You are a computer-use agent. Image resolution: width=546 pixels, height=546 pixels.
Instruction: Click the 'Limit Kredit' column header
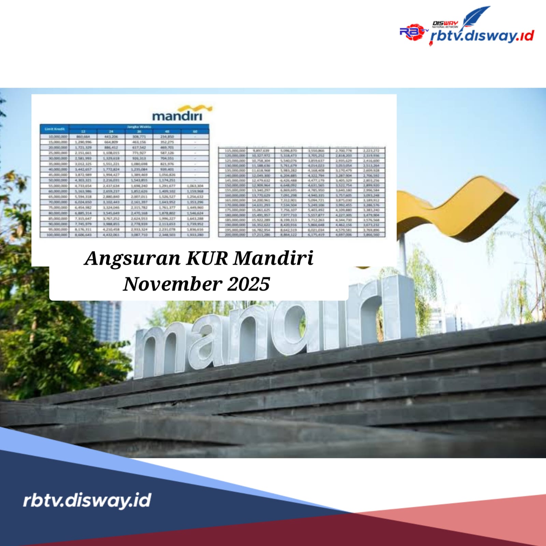coord(55,129)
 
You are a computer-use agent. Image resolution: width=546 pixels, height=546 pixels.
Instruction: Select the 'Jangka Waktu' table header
coord(139,127)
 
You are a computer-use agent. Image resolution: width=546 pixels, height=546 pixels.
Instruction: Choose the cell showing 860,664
coord(83,136)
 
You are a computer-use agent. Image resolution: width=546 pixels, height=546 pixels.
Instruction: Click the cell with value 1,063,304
coord(195,186)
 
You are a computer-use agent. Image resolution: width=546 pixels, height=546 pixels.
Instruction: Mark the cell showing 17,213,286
coord(261,235)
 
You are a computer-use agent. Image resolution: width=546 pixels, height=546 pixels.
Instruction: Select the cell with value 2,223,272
coord(371,150)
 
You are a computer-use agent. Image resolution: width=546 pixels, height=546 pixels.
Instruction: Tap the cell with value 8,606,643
coord(83,235)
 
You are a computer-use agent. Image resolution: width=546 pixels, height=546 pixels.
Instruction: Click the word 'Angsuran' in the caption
coord(132,258)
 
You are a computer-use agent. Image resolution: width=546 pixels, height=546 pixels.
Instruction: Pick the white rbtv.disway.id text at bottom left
coord(87,500)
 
